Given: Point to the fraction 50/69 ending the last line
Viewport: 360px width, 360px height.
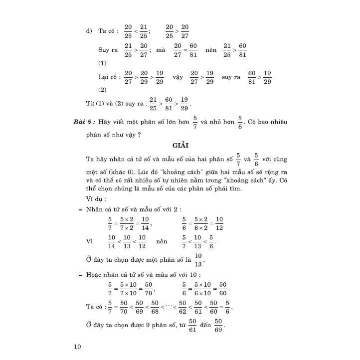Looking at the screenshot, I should [218, 325].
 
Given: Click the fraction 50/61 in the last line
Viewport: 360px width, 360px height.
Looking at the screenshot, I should [193, 325].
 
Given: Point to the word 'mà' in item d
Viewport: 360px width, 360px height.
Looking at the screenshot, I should [160, 51].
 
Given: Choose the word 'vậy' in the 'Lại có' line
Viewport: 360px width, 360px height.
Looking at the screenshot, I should [178, 77].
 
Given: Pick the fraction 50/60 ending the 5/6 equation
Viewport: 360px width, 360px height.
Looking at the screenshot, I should [223, 288].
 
